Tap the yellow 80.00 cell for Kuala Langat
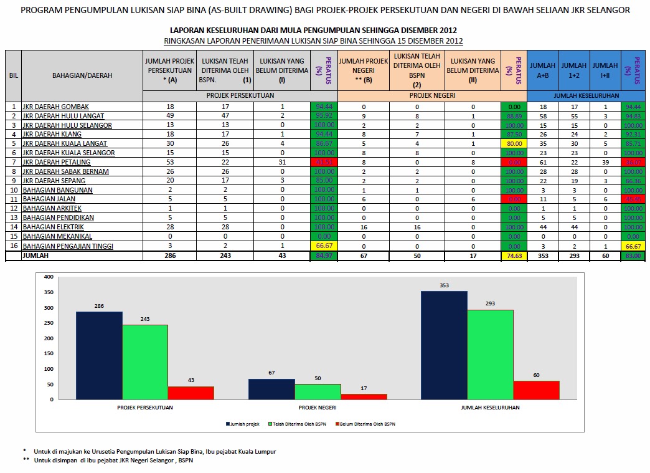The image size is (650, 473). (514, 143)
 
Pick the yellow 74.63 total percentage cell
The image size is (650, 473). (514, 256)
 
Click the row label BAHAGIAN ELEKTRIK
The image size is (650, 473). (52, 227)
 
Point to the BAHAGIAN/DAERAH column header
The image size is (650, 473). (82, 75)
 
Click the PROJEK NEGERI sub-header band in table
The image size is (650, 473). (432, 95)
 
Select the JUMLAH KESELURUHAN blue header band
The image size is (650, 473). (587, 95)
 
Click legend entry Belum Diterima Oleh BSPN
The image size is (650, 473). (368, 424)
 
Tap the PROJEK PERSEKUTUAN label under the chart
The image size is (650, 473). (145, 408)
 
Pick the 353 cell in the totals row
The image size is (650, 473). (543, 256)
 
